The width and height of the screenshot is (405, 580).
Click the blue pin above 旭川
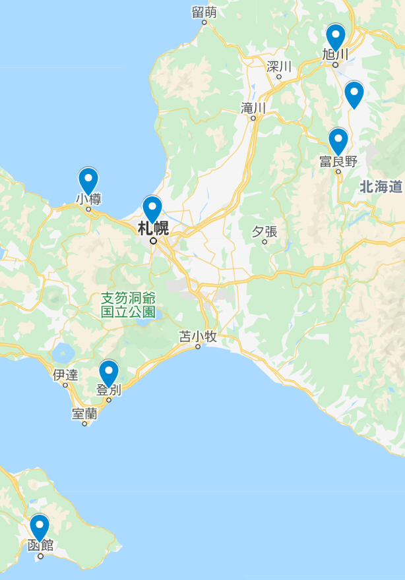click(x=335, y=36)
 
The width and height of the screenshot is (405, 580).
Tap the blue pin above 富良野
click(x=338, y=140)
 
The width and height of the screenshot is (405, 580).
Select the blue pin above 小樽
click(x=88, y=179)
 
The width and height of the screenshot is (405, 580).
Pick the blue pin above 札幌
click(x=152, y=208)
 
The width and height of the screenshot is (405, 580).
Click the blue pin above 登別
click(x=109, y=372)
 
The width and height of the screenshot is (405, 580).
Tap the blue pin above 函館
click(x=40, y=527)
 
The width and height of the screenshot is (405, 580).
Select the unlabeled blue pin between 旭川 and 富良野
click(x=354, y=93)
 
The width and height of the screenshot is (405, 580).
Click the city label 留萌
click(x=204, y=12)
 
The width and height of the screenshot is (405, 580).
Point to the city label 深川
click(x=279, y=66)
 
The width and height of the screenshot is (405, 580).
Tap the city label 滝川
click(x=253, y=107)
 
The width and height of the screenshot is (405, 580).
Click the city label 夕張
click(x=265, y=231)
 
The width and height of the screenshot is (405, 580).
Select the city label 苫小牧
click(x=198, y=337)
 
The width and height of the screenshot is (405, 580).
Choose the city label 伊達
click(x=65, y=376)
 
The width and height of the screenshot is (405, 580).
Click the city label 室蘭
click(x=85, y=414)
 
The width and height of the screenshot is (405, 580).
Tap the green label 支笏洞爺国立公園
click(x=129, y=304)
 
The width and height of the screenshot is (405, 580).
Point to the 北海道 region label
click(x=381, y=187)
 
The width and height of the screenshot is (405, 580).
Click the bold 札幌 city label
click(x=153, y=229)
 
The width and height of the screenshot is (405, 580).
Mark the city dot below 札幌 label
click(x=153, y=241)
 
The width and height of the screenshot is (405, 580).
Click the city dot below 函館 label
click(x=40, y=556)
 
